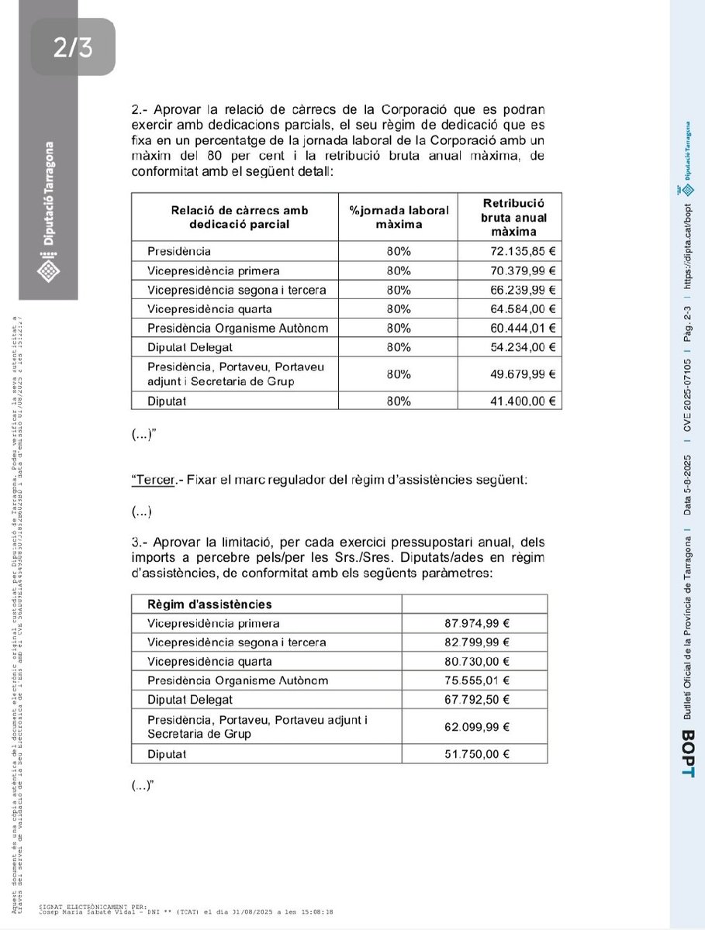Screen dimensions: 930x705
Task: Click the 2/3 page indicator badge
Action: pos(73,49)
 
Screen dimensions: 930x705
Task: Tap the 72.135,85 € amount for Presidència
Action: pos(510,251)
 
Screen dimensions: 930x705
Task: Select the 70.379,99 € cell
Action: pos(510,270)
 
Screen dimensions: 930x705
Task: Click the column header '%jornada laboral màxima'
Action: pos(399,217)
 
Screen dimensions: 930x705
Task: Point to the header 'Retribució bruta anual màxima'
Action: pos(510,217)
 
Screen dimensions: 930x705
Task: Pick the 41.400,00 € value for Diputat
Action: pos(510,401)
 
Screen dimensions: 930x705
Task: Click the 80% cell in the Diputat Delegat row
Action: pos(399,347)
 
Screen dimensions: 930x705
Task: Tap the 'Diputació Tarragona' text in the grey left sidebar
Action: pos(49,194)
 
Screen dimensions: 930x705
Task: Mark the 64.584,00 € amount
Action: pos(510,308)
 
